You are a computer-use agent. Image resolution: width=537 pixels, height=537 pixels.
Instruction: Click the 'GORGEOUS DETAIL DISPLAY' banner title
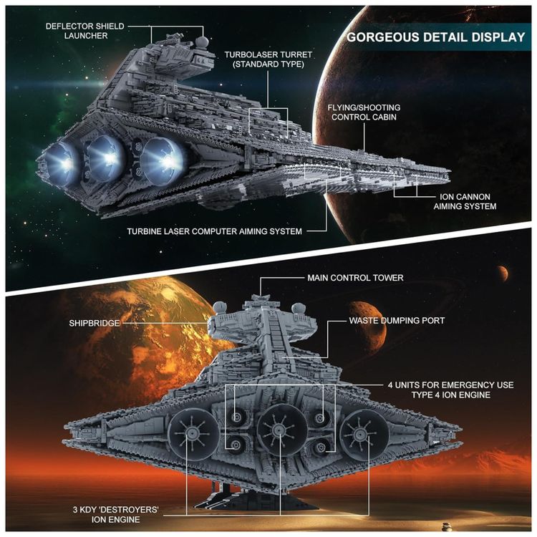435,37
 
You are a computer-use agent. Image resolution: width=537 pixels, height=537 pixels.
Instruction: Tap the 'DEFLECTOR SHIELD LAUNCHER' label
85,31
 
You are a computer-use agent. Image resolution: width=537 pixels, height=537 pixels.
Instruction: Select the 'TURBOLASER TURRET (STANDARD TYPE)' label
268,59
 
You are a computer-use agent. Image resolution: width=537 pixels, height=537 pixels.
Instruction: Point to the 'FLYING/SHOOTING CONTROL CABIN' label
364,112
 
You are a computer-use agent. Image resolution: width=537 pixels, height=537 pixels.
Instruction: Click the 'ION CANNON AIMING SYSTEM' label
465,201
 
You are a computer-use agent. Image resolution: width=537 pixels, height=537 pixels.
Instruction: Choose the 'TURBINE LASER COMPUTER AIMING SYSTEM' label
214,231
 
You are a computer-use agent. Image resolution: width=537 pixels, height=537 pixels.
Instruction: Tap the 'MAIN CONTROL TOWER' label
355,278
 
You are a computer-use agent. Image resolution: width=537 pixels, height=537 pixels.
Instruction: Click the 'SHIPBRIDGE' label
95,324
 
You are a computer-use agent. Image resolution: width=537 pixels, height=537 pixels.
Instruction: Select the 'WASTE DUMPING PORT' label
397,321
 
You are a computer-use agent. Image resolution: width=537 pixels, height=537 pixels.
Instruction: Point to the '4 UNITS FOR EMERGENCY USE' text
450,385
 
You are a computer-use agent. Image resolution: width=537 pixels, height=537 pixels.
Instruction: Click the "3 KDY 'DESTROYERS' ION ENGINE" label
116,515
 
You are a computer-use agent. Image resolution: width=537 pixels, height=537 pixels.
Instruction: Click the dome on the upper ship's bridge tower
202,42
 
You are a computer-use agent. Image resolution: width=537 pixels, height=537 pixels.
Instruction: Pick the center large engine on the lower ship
282,429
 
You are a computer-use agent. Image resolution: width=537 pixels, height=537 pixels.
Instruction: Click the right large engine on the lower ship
364,435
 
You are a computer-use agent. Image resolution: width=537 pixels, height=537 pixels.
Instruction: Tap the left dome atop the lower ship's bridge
221,308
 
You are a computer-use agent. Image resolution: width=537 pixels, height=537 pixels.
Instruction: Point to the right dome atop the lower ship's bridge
299,309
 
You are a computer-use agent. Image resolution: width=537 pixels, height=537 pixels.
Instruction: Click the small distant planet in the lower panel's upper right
503,273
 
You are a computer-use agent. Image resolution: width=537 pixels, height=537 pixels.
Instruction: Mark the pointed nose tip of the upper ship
450,170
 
